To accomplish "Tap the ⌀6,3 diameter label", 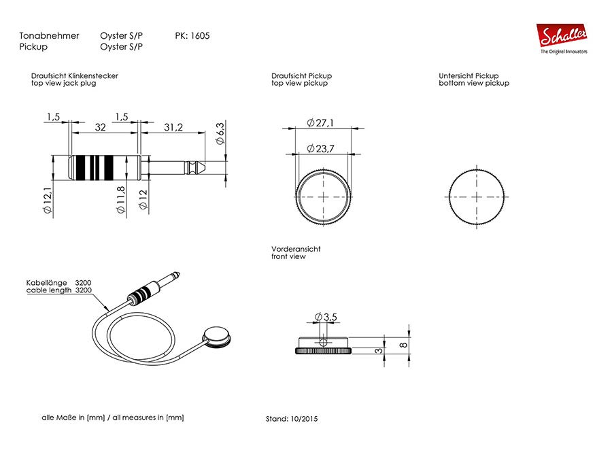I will point(220,133).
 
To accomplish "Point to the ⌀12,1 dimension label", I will point(48,201).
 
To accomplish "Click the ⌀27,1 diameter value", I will point(320,122).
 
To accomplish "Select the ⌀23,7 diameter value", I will point(320,148).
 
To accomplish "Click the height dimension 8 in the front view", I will point(404,345).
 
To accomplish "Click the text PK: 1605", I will point(192,35).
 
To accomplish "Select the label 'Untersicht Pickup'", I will point(469,75).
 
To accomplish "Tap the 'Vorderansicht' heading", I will point(296,249).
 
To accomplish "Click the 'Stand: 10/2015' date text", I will point(291,419).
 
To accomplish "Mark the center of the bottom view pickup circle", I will point(477,195).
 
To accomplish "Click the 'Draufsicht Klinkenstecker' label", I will point(75,75).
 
